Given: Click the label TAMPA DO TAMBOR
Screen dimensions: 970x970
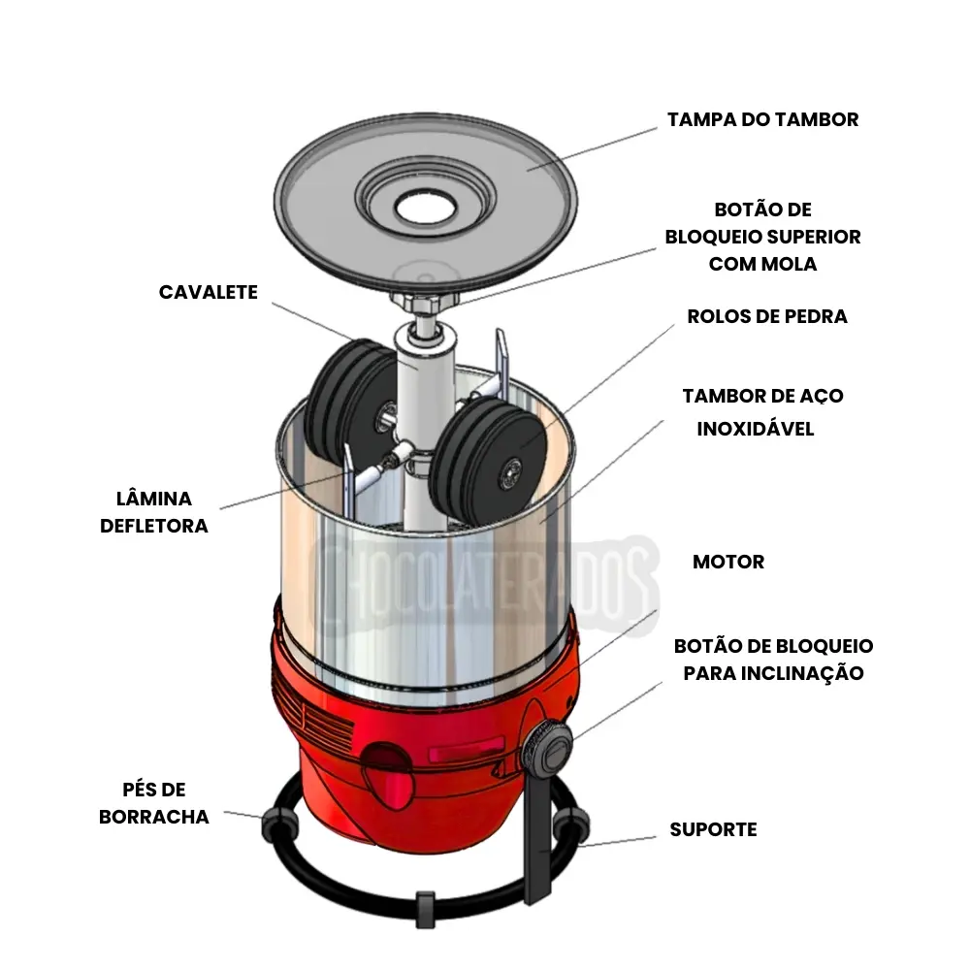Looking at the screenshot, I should (x=762, y=119).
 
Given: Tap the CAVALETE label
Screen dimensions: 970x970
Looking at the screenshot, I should (x=209, y=292).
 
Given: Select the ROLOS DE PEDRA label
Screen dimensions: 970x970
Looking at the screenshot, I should (x=766, y=316).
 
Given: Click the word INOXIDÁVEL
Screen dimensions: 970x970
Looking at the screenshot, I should (x=755, y=429).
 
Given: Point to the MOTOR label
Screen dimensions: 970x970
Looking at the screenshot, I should (x=727, y=562).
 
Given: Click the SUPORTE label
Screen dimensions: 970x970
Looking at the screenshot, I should (x=713, y=829).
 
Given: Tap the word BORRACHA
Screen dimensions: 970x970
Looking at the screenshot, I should (x=154, y=817).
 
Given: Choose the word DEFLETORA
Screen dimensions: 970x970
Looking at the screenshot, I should (x=154, y=526).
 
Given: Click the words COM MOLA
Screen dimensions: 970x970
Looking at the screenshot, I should (x=762, y=264).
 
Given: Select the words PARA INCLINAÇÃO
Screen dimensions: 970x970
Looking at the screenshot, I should (x=773, y=672).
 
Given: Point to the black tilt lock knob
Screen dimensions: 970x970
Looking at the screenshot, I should (x=545, y=747).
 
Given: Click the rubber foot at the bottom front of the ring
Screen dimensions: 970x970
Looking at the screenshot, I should (x=423, y=902).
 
